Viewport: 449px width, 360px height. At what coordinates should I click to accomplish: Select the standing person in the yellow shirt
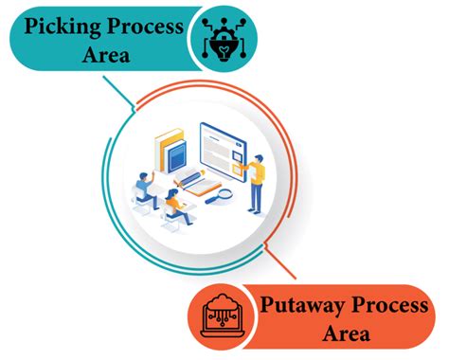pos(257,180)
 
